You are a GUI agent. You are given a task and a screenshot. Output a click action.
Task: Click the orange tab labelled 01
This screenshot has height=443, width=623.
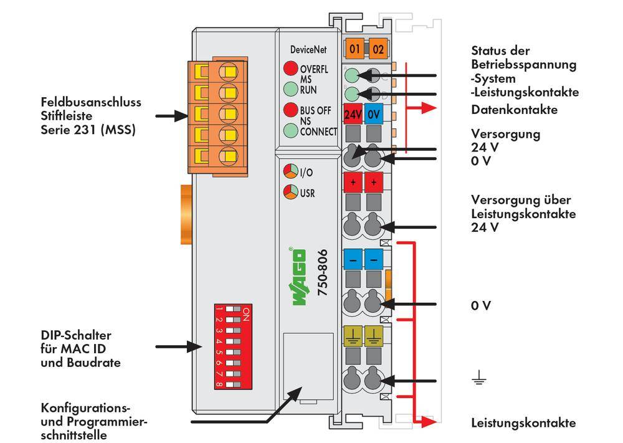pyautogui.click(x=354, y=48)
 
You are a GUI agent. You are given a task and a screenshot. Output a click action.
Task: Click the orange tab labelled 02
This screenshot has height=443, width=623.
pyautogui.click(x=378, y=48)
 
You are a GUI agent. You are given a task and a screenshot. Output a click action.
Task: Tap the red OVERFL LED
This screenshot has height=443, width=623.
pyautogui.click(x=290, y=69)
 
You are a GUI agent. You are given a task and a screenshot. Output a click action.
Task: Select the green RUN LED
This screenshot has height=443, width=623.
pyautogui.click(x=290, y=88)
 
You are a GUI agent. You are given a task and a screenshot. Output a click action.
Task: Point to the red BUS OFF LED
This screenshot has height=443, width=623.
pyautogui.click(x=290, y=110)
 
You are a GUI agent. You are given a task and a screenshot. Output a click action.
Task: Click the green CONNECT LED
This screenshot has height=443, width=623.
pyautogui.click(x=290, y=131)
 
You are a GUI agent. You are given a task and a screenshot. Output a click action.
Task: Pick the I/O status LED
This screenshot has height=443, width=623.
pyautogui.click(x=290, y=171)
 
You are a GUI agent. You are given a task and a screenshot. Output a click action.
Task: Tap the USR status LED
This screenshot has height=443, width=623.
pyautogui.click(x=290, y=192)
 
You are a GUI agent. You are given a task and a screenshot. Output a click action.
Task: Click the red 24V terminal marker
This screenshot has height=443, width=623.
pyautogui.click(x=353, y=115)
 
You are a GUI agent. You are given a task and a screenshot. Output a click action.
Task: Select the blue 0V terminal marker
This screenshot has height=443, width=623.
pyautogui.click(x=374, y=115)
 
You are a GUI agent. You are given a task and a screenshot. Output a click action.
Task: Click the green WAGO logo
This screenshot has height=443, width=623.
pyautogui.click(x=299, y=277)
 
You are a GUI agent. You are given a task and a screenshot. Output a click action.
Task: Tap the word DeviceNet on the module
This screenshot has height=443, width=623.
pyautogui.click(x=308, y=49)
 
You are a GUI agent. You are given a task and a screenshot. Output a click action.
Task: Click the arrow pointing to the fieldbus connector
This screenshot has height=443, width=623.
pyautogui.click(x=169, y=116)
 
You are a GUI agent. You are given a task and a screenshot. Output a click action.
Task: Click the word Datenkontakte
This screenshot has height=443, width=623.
pyautogui.click(x=514, y=110)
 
